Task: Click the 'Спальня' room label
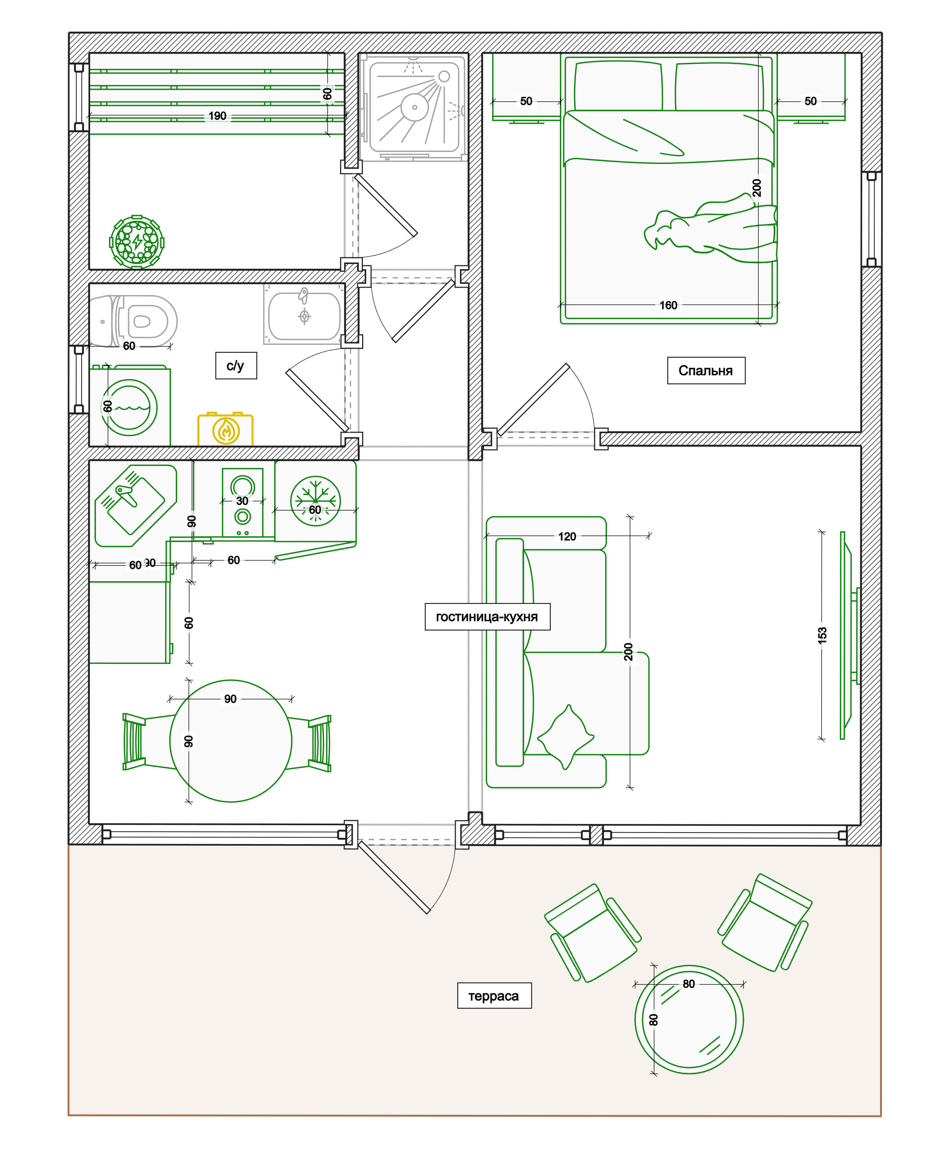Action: click(x=706, y=371)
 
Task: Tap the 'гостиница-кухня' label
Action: click(x=487, y=617)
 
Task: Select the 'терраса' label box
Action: click(x=494, y=996)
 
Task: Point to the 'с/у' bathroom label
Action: click(x=236, y=365)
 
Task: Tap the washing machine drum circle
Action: click(x=129, y=408)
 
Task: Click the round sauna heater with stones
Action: click(x=137, y=242)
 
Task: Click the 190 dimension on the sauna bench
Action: click(x=217, y=116)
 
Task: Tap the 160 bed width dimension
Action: click(x=668, y=305)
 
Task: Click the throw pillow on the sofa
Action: click(x=566, y=737)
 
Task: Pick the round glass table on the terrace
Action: click(x=689, y=1020)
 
